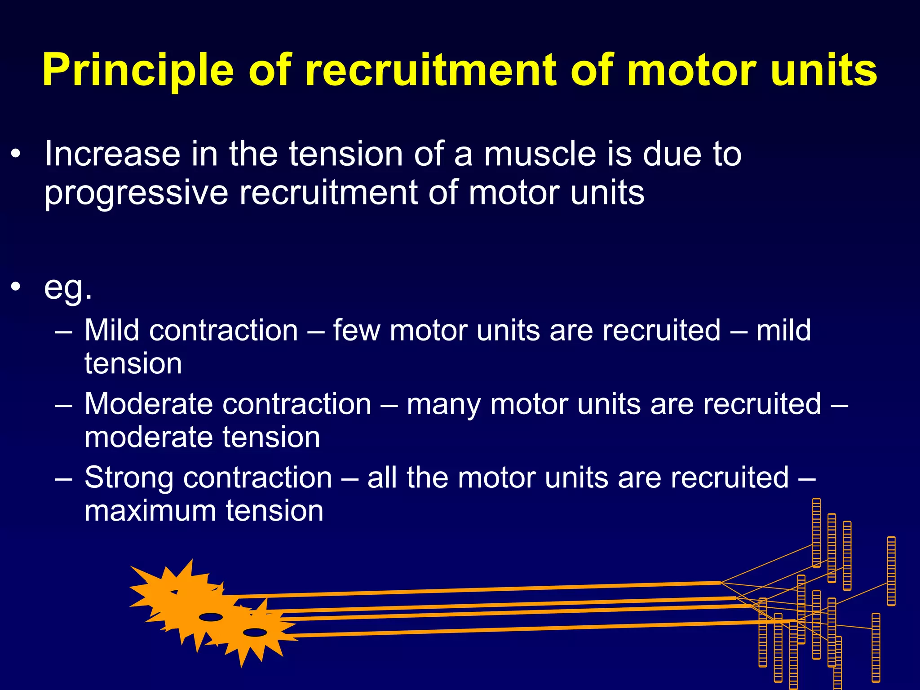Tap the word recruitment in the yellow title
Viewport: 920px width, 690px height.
pos(431,70)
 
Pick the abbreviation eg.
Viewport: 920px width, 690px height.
pos(68,288)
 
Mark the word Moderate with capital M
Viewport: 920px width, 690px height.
pos(148,404)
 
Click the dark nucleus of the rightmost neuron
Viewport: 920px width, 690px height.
pos(255,632)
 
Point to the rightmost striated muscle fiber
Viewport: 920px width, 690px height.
pos(891,571)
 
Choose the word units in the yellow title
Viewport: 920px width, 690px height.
pos(824,70)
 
